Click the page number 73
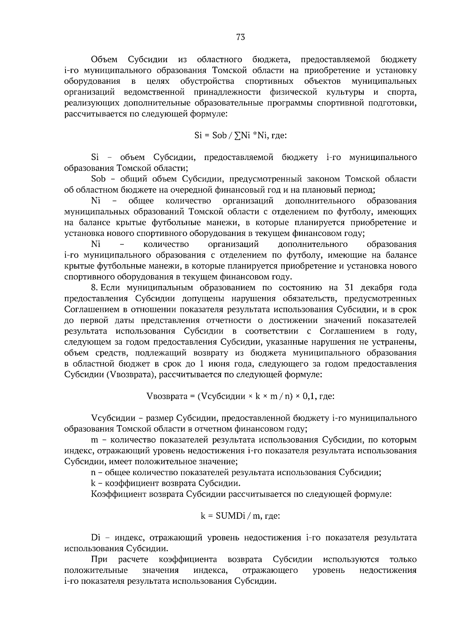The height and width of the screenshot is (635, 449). pos(241,37)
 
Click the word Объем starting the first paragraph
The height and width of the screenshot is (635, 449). pos(104,59)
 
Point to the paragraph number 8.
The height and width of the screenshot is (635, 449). pos(95,288)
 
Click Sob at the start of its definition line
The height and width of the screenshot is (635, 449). pos(99,179)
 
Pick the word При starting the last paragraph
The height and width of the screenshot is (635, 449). pos(99,559)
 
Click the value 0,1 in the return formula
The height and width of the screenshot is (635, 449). pos(308,396)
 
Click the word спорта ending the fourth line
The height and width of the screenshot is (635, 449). pos(402,92)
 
